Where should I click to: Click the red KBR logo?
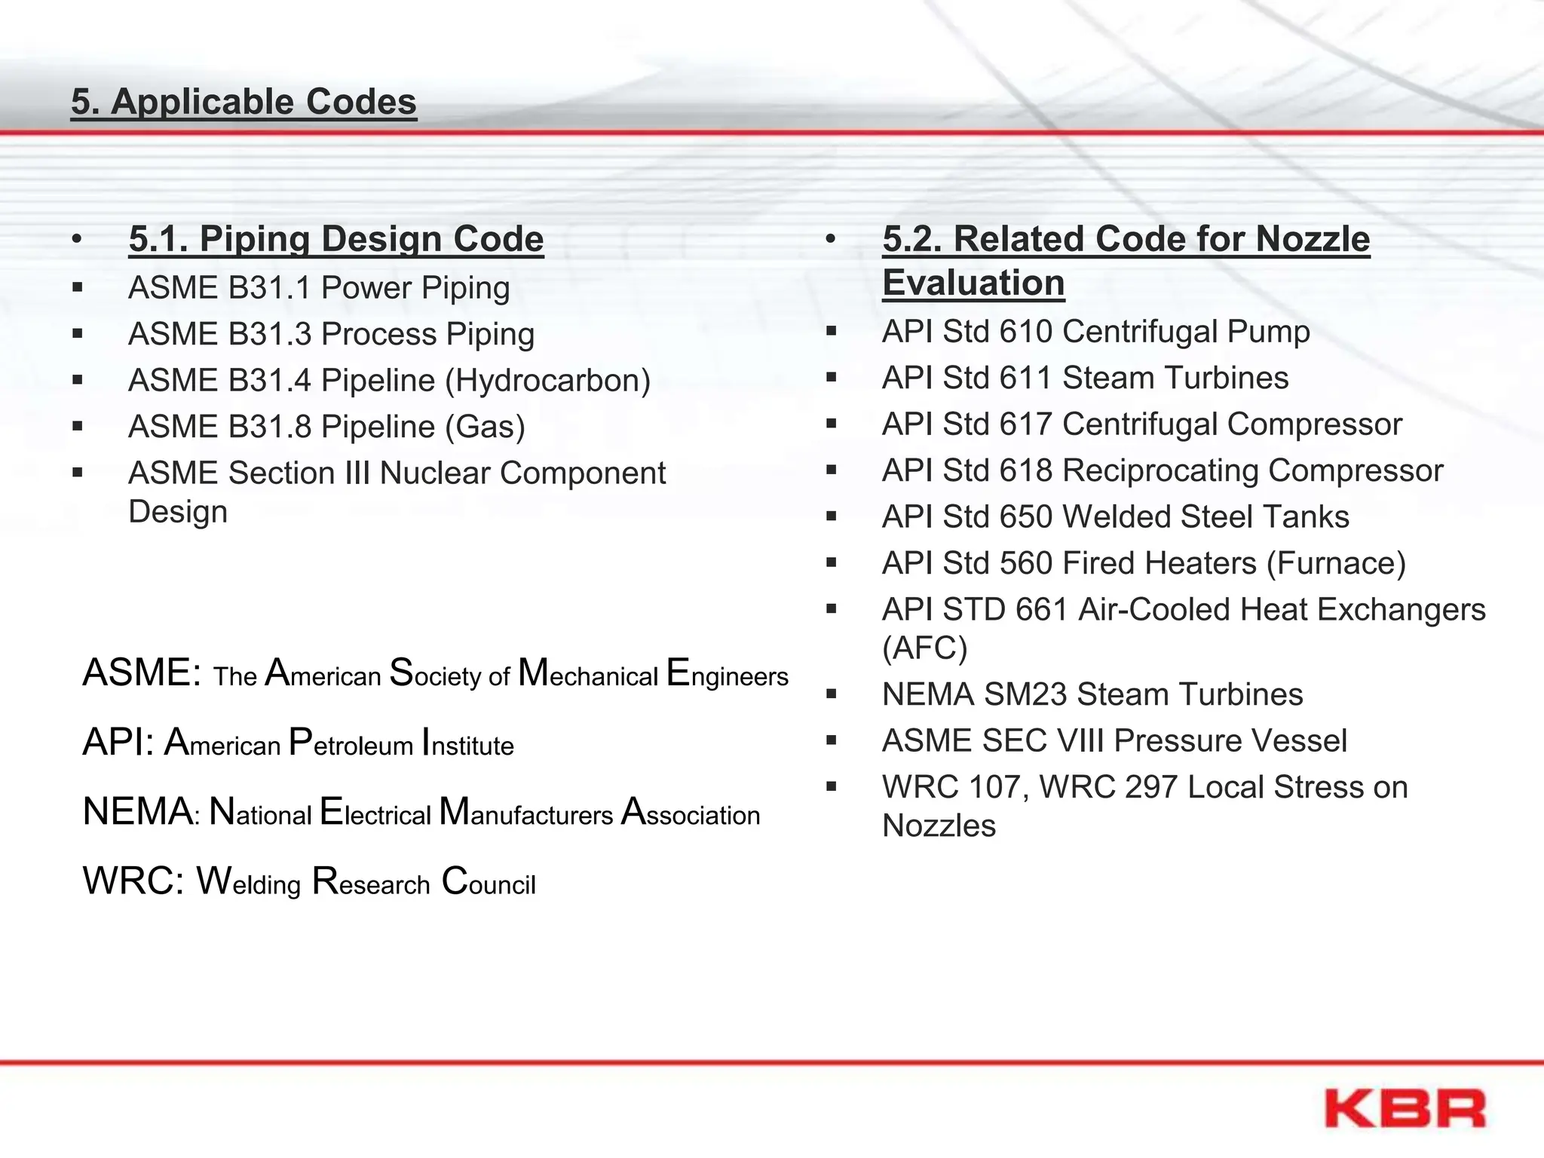pos(1405,1108)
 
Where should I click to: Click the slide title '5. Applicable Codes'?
pos(244,102)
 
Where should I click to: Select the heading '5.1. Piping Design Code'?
pos(336,239)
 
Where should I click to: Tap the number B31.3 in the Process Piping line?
pos(270,334)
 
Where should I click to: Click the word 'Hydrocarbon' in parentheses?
pos(548,381)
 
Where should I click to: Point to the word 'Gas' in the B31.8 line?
pos(485,427)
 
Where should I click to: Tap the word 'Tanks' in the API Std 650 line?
pos(1306,517)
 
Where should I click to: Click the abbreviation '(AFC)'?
pos(924,648)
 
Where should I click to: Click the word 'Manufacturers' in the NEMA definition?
pos(526,812)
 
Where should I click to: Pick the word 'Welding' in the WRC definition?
pos(249,881)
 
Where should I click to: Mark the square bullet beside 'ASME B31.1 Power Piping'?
pos(78,287)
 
